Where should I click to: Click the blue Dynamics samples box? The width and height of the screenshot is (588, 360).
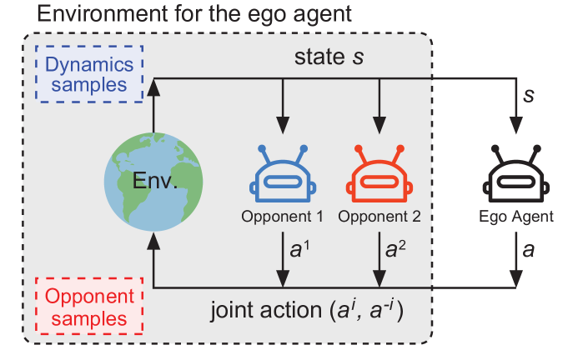coord(88,72)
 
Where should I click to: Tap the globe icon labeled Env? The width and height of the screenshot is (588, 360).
coord(153,182)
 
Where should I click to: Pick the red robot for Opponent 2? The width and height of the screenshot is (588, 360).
coord(379,177)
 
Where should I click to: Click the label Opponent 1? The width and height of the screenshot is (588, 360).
coord(282,217)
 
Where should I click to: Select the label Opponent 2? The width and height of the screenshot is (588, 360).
coord(379,217)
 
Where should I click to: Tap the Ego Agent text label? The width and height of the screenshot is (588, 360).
coord(521,217)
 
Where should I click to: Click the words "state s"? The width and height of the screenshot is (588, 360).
coord(332,58)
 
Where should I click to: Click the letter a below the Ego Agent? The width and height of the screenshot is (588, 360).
coord(528,249)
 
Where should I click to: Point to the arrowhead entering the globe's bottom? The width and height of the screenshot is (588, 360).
coord(153,240)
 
